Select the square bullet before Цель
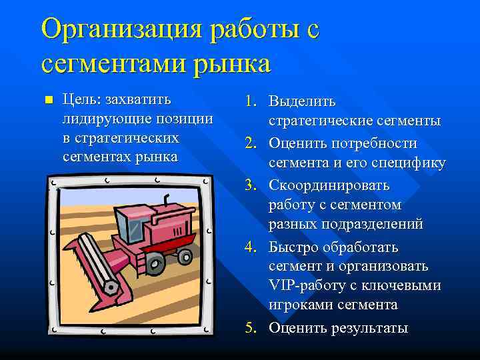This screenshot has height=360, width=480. coord(46,101)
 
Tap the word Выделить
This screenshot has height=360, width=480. coord(302,102)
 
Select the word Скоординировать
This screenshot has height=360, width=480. coord(329,185)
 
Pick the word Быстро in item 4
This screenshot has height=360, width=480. coord(294,247)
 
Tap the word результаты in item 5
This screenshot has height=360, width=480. coord(369,329)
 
